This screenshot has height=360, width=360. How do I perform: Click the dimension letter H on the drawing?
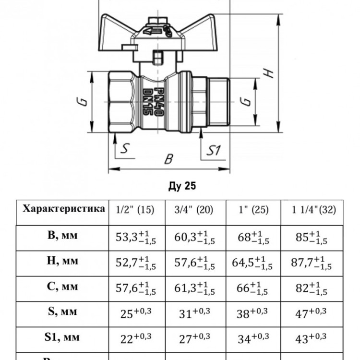click(x=268, y=73)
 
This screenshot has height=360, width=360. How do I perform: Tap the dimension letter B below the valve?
click(x=169, y=159)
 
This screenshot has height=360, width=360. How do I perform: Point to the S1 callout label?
click(x=213, y=150)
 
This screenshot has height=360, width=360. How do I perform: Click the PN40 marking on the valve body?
click(x=159, y=102)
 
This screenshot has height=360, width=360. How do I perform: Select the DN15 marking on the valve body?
click(x=147, y=102)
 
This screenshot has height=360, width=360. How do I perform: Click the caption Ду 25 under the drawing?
click(x=182, y=186)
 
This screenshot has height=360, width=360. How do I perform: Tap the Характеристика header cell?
click(x=64, y=209)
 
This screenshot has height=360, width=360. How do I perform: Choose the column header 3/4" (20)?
click(x=193, y=210)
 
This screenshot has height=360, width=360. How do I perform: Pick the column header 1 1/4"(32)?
click(x=313, y=210)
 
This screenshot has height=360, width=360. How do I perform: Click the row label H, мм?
click(x=62, y=261)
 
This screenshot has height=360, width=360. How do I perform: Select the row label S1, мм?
click(x=62, y=337)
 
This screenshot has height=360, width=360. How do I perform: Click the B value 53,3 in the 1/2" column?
click(x=136, y=237)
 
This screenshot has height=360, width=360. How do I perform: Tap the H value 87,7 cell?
click(x=312, y=263)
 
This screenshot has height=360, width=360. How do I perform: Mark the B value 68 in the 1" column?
click(x=253, y=237)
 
